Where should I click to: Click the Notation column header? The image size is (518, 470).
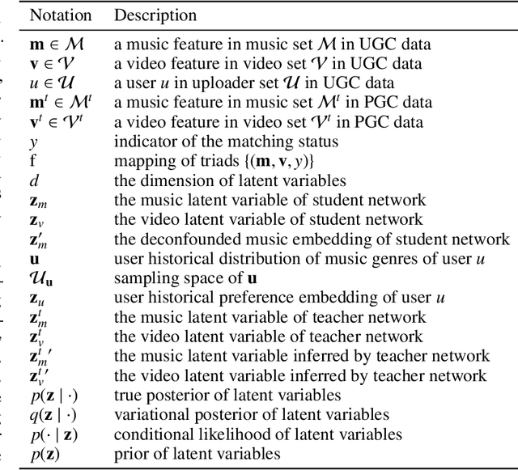click(x=59, y=15)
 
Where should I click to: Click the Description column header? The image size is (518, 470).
click(x=155, y=15)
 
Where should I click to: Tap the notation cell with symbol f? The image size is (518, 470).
click(x=33, y=161)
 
